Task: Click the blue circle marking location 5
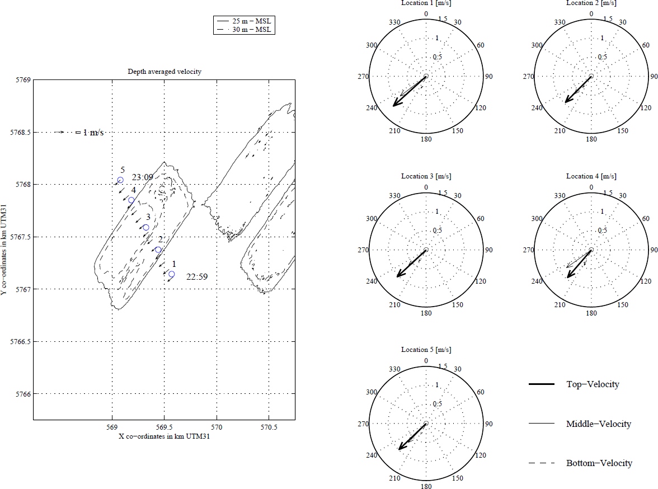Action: [x=120, y=180]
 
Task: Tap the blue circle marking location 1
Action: [x=172, y=274]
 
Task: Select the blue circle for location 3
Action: [x=146, y=228]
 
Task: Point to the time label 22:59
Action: [x=197, y=276]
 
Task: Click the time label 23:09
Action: [x=142, y=177]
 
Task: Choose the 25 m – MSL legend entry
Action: [x=244, y=21]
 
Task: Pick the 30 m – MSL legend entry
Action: [x=244, y=30]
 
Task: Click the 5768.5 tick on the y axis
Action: [x=21, y=132]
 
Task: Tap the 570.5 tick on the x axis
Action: [x=269, y=427]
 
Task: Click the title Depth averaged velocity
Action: [x=164, y=72]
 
